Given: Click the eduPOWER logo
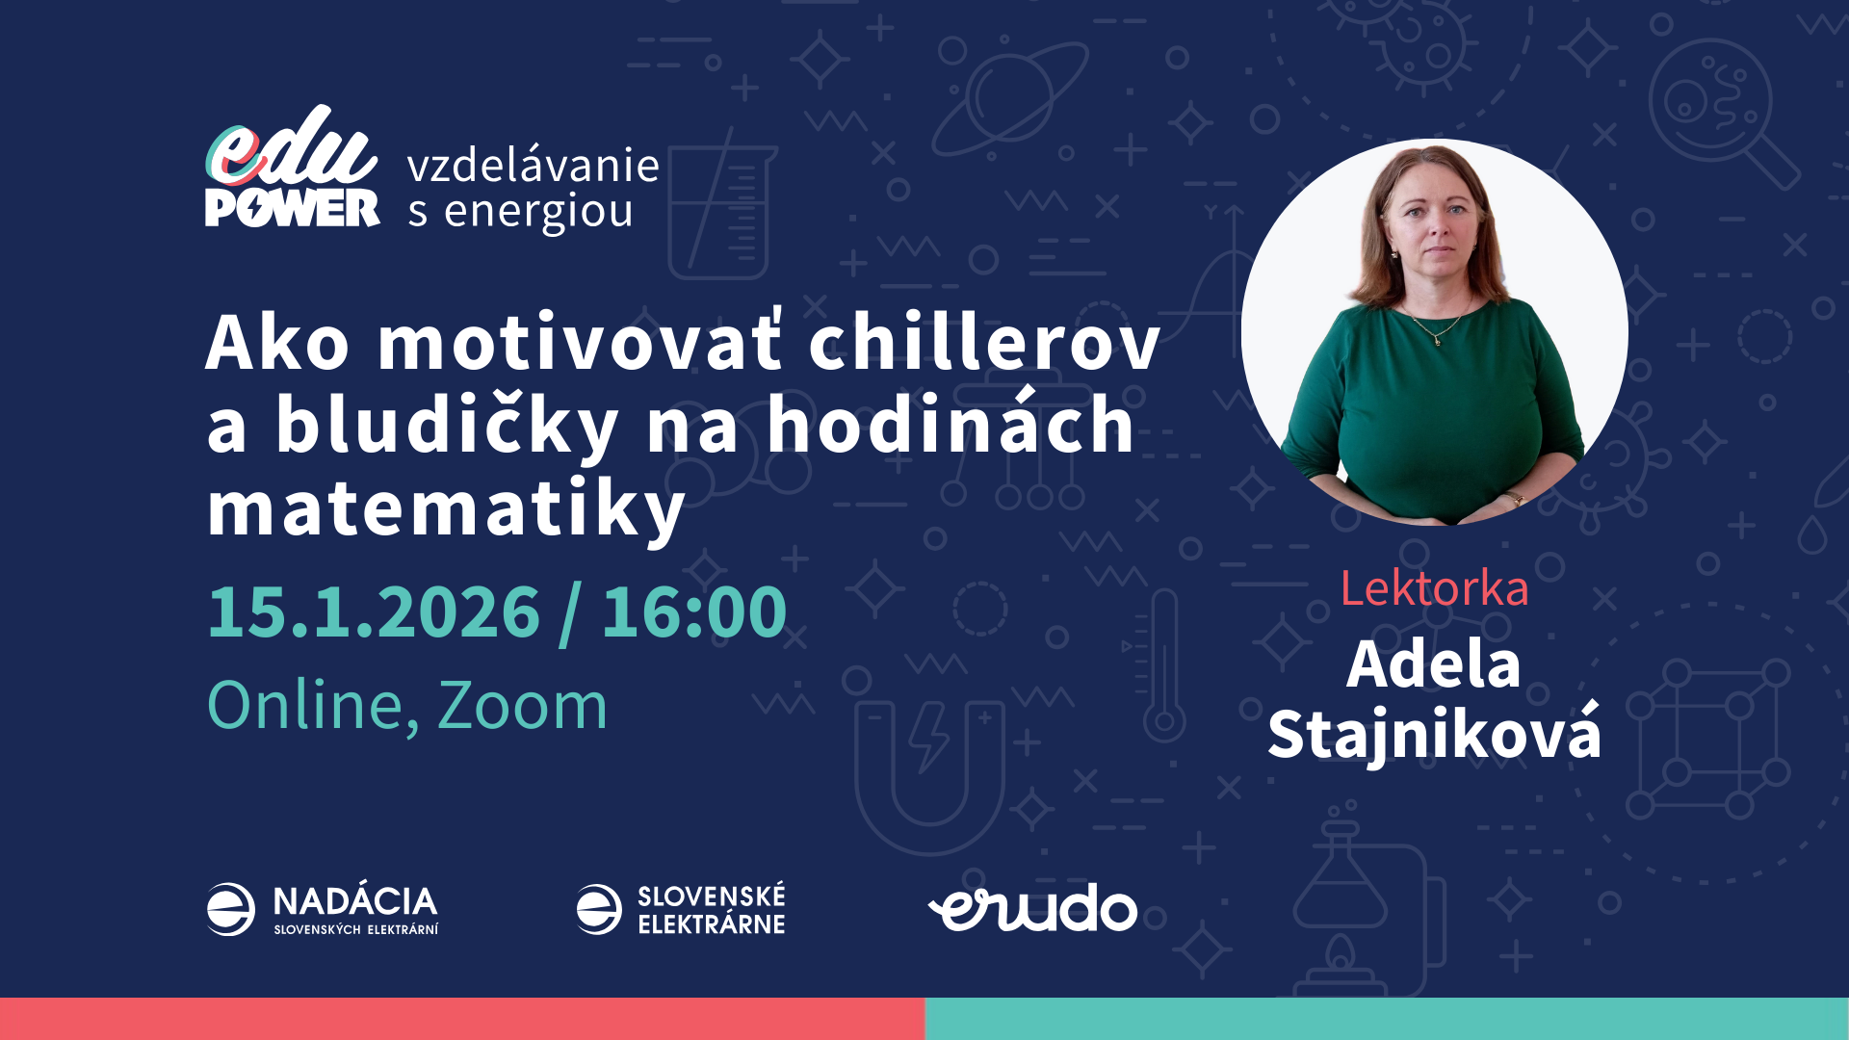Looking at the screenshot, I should pos(292,169).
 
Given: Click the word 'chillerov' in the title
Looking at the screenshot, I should pos(984,343).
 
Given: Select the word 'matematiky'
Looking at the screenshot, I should pos(446,509).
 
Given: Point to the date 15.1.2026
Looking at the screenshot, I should pos(374,611).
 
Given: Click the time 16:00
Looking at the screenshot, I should pos(693,611).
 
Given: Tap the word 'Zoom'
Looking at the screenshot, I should pos(522,706).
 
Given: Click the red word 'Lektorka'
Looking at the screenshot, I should pos(1434,588).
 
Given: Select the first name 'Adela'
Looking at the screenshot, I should pos(1433,664).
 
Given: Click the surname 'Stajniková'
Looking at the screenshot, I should pos(1434,735).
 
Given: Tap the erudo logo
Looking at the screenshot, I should pos(1032,908).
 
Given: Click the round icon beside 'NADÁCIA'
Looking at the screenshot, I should pos(231,909).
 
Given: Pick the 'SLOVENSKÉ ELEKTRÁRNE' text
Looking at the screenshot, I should pos(711,910).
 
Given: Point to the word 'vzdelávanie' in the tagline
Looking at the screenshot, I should pos(533,166).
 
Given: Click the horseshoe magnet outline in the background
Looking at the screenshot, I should pos(929,770).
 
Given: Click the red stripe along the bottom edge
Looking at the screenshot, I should pos(462,1019).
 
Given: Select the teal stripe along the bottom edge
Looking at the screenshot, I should pos(1387,1019).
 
